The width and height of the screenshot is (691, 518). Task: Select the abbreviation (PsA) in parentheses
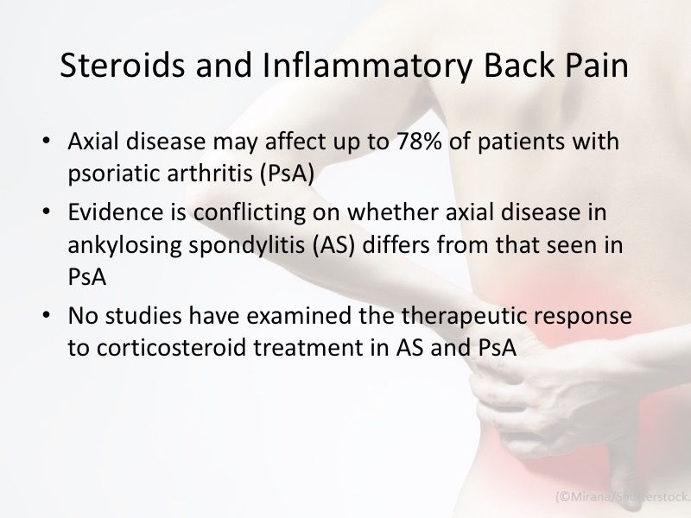click(x=283, y=171)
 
